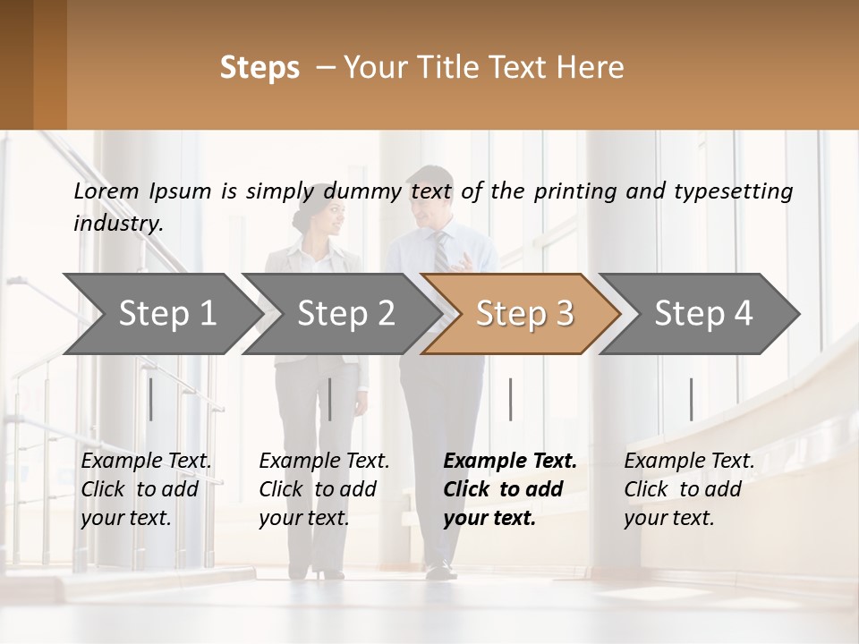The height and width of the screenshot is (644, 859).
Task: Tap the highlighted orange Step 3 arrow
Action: click(524, 313)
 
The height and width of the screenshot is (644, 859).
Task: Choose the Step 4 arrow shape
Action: click(703, 313)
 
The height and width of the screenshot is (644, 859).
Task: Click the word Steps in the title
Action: click(259, 68)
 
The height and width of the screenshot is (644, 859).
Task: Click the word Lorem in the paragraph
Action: click(106, 191)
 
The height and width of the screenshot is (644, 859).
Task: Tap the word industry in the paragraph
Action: click(117, 223)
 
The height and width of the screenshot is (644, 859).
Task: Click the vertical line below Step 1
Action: click(151, 399)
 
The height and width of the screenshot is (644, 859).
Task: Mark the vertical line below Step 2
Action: click(330, 399)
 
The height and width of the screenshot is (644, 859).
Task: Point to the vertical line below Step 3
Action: click(510, 399)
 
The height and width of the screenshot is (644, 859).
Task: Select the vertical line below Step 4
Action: click(691, 399)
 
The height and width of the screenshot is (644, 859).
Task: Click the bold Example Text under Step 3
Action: click(510, 461)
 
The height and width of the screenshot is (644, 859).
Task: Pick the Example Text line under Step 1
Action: click(147, 461)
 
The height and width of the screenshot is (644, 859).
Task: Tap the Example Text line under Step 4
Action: click(689, 461)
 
